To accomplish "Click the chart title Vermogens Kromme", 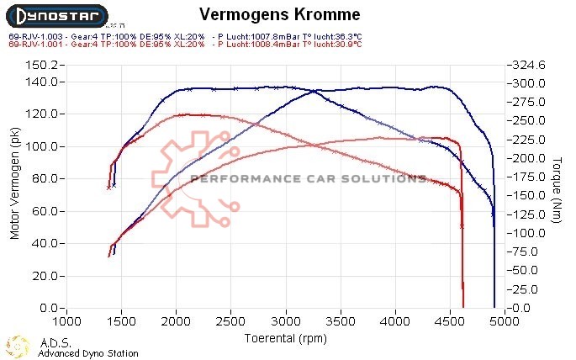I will tap(280, 15).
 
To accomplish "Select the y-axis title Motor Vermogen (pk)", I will tap(14, 186).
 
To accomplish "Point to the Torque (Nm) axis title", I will tap(558, 186).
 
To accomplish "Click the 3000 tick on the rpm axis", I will tap(286, 322).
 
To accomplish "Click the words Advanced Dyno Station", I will tap(88, 354).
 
